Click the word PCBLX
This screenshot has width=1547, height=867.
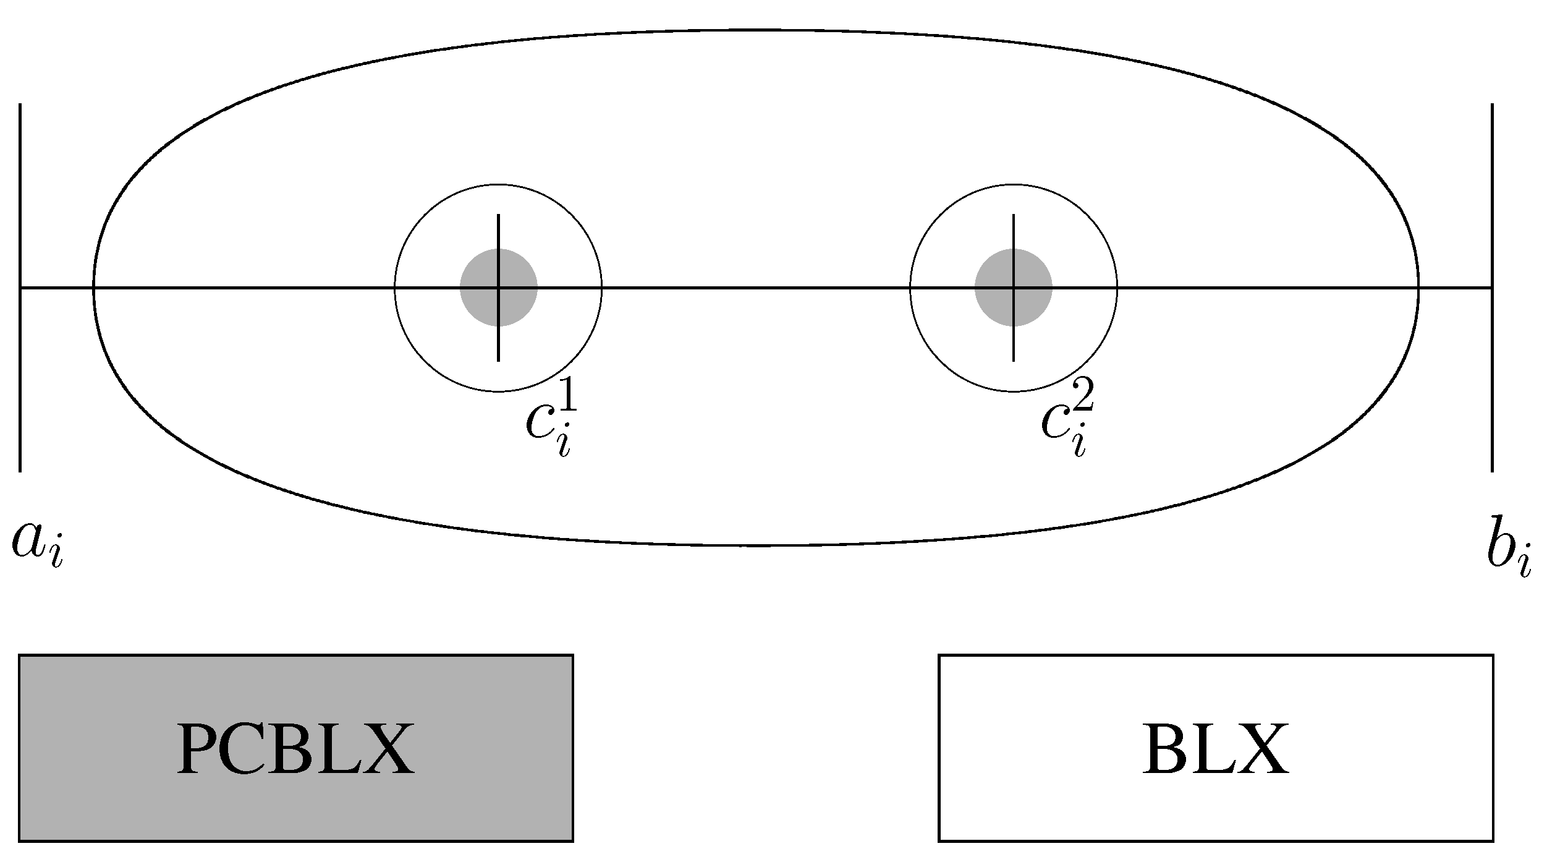295,749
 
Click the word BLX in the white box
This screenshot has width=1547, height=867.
1215,749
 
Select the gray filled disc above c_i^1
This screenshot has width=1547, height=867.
498,288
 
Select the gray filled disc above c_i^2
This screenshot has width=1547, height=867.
1014,288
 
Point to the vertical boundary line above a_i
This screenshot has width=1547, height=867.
20,186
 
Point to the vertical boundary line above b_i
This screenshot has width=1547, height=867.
1493,186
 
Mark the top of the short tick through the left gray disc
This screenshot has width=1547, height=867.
498,216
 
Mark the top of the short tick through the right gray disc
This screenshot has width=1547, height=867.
1014,216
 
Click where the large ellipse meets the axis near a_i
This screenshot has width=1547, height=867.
94,288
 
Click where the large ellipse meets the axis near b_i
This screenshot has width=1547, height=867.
1418,288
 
